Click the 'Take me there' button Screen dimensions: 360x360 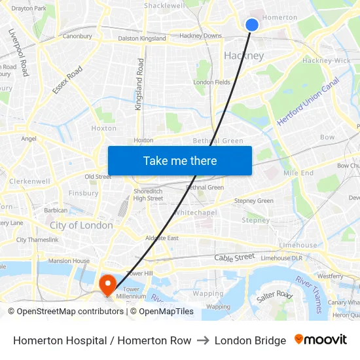point(180,161)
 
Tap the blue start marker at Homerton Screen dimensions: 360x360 point(252,25)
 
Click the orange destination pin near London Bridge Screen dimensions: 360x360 point(106,283)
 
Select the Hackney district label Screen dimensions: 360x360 point(243,56)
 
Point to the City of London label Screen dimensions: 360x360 point(81,225)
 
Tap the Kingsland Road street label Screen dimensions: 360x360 point(139,84)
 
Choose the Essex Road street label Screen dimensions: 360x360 point(67,80)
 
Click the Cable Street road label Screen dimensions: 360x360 point(234,258)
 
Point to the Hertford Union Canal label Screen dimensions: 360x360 point(308,101)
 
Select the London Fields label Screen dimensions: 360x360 point(211,82)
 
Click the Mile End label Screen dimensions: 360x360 point(298,173)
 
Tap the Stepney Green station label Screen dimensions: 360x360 point(253,201)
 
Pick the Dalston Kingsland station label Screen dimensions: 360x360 point(142,39)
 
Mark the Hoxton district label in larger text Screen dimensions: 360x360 point(104,128)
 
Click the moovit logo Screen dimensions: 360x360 point(321,340)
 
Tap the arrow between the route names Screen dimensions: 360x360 point(203,340)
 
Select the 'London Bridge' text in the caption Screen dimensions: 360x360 point(250,340)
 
